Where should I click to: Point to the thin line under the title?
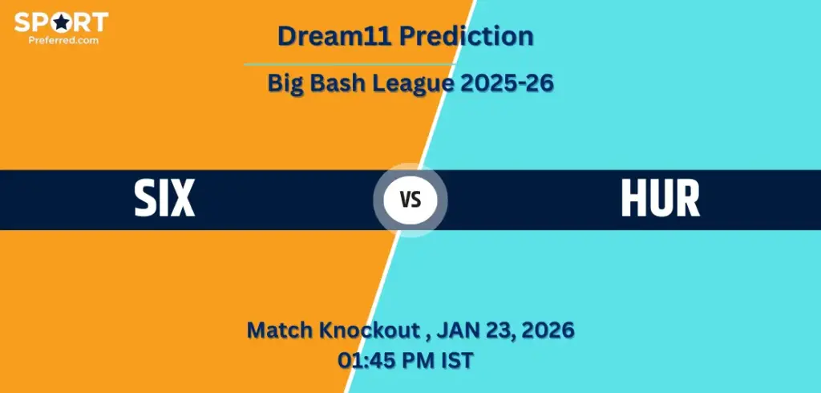point(350,64)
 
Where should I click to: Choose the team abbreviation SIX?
point(164,200)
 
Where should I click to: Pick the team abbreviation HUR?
point(661,200)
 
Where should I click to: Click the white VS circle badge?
point(410,201)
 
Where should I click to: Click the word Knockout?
point(374,330)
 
